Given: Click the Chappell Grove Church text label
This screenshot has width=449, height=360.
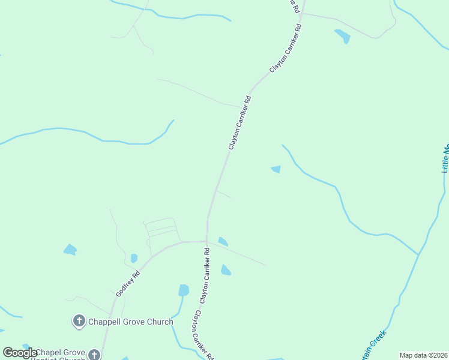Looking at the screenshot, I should tap(131, 322).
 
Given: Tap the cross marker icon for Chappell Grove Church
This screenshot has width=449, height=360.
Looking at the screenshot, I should tap(79, 322).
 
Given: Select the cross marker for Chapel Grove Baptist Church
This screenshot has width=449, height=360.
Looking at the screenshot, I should tap(94, 355).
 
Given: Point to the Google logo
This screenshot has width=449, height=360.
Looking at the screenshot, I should tap(20, 353).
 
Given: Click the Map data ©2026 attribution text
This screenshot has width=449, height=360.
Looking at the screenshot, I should tap(423, 355).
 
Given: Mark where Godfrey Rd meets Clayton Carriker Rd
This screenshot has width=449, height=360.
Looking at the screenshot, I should tap(206, 242).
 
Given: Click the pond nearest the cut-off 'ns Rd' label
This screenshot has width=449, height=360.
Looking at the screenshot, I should tap(343, 36).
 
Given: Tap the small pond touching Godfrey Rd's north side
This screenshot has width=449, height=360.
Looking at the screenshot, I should tap(134, 258).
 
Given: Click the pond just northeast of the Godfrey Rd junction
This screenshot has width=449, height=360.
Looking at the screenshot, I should tap(223, 241).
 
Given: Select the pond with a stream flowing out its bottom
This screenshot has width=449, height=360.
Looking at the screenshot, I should tap(184, 290).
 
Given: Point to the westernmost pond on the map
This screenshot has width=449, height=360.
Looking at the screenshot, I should tap(70, 250).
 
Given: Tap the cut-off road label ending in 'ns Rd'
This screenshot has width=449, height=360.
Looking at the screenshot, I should tap(294, 5).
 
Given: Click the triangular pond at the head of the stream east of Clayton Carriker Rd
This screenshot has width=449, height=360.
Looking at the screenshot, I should tap(276, 169).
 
